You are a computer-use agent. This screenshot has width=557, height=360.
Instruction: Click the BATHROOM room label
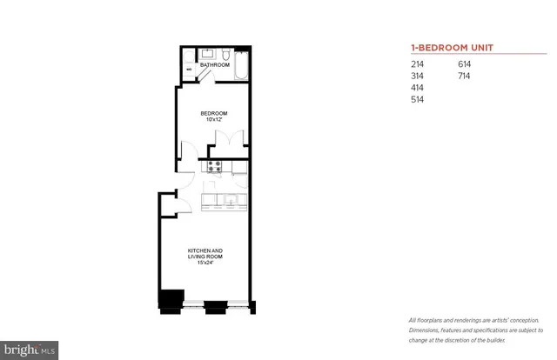(213, 65)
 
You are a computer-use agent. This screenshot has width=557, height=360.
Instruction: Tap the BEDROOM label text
(213, 113)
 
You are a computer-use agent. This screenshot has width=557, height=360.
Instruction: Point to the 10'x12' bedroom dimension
(213, 120)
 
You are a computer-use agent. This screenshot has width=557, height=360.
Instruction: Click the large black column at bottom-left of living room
(170, 298)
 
